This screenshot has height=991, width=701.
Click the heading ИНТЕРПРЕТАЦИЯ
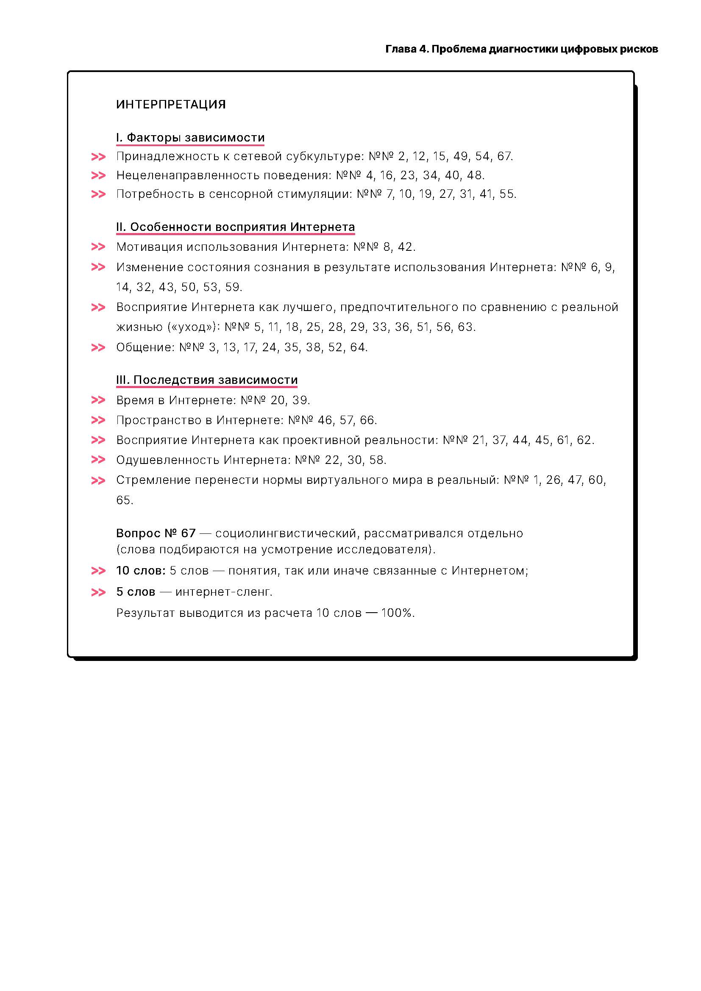click(171, 105)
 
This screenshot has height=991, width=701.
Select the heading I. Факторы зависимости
click(190, 138)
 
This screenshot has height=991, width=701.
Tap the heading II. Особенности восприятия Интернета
click(235, 227)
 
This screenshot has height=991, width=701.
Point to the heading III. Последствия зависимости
click(207, 380)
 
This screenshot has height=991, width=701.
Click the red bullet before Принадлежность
click(98, 157)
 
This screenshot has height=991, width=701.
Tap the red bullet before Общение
click(98, 347)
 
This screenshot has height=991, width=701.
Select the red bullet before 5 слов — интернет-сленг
click(98, 592)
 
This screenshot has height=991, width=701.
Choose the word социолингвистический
click(286, 533)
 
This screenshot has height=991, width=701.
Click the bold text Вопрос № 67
click(156, 533)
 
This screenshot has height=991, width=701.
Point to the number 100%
click(396, 613)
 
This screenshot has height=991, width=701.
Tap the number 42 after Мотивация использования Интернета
click(405, 247)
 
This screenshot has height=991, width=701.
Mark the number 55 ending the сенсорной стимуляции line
click(507, 194)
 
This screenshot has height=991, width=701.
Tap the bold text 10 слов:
click(141, 571)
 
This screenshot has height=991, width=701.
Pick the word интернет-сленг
click(224, 592)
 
